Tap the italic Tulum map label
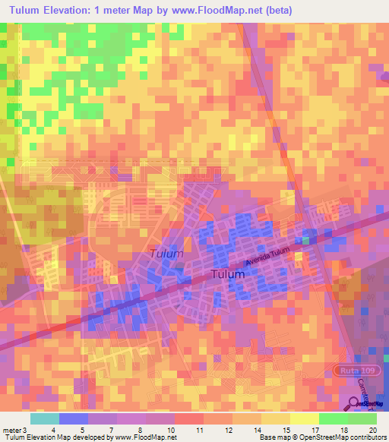(x=166, y=254)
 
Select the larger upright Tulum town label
(x=227, y=274)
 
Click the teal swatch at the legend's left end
(x=44, y=418)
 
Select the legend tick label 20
(x=371, y=429)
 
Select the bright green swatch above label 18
(x=333, y=418)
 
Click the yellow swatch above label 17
(x=304, y=418)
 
